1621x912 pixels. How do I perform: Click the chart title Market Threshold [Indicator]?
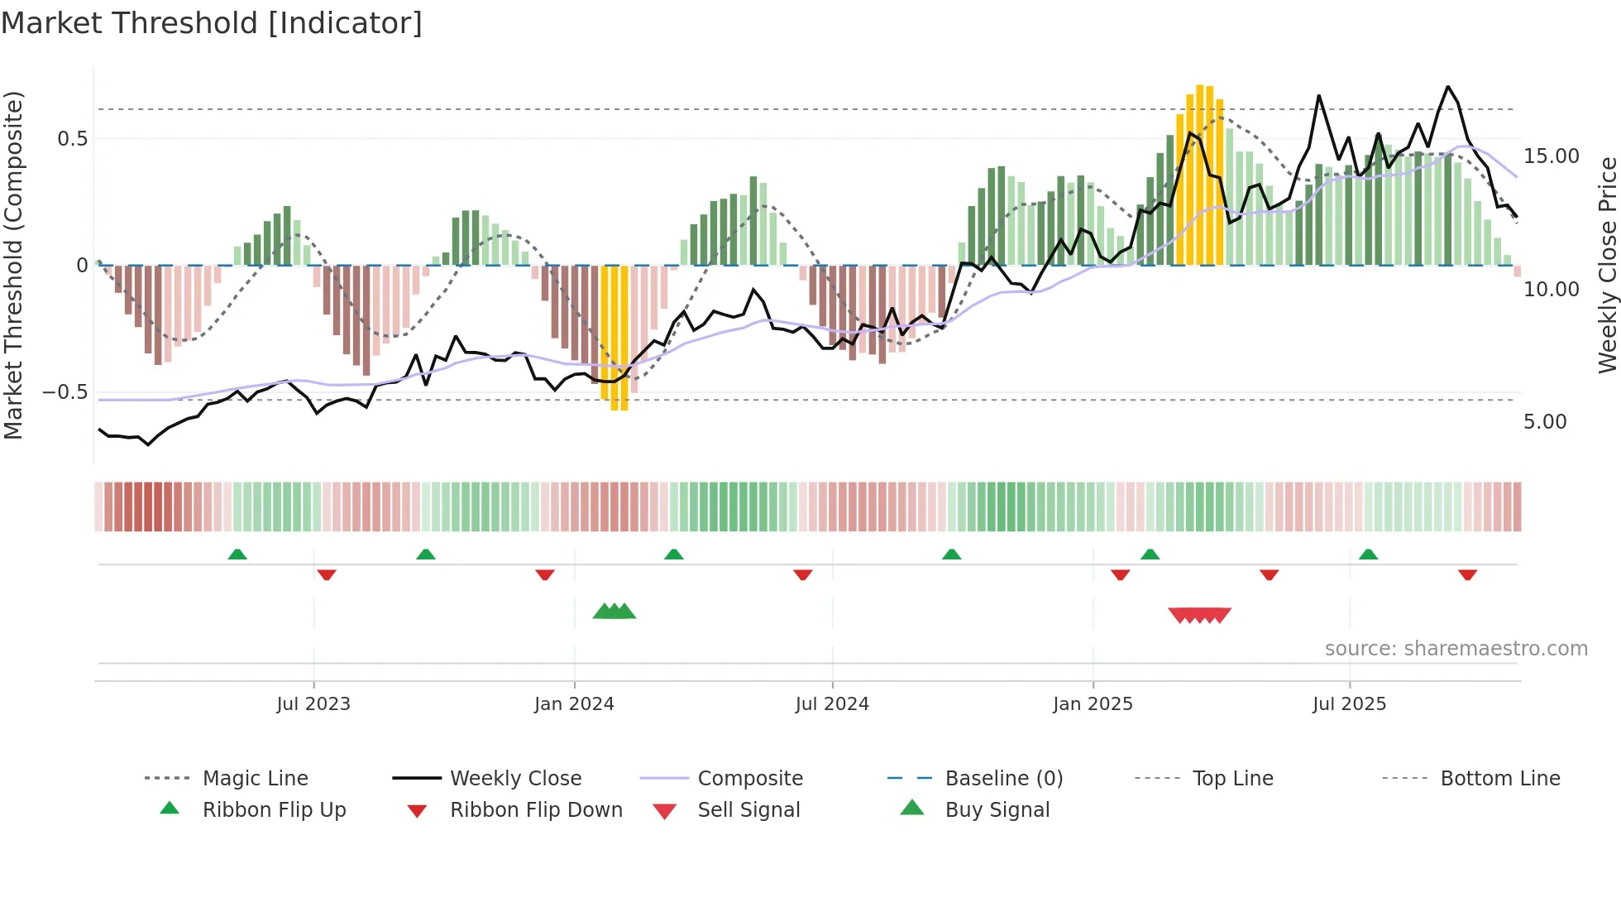pos(212,23)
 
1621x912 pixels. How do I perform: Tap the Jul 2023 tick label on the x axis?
pos(313,704)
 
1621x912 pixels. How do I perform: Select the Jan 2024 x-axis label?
pos(574,704)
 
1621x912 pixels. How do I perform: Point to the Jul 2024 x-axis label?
pos(832,704)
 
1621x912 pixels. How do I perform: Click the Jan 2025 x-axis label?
pos(1093,704)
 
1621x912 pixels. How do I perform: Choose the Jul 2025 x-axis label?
pos(1349,704)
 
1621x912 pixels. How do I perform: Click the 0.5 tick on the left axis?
pos(73,139)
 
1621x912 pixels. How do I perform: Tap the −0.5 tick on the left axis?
pos(65,392)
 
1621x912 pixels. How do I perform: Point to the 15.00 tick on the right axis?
pos(1552,156)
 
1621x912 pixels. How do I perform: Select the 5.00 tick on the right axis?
pos(1545,422)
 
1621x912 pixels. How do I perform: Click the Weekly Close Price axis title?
pos(1607,265)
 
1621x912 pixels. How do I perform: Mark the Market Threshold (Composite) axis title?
pos(13,265)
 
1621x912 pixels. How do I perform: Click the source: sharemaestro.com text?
pos(1456,649)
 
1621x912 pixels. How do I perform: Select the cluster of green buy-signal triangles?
pos(614,612)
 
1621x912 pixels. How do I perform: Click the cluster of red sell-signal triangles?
pos(1199,615)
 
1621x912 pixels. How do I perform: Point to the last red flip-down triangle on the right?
pos(1467,574)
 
